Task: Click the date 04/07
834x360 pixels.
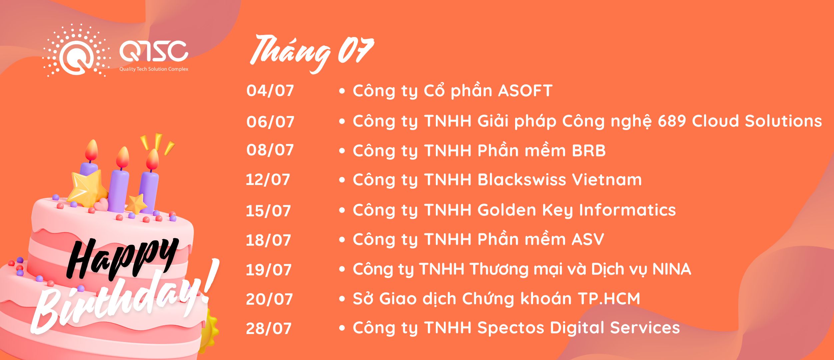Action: point(270,91)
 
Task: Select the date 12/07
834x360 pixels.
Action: point(268,180)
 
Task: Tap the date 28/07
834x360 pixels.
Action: point(269,328)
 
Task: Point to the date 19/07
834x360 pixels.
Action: point(269,270)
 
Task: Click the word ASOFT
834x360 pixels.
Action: point(525,91)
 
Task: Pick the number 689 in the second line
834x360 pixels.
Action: point(672,121)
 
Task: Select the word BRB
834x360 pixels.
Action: point(589,151)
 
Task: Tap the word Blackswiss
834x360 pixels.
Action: point(522,180)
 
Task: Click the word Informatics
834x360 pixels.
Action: point(627,210)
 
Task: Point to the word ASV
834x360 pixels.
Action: point(588,239)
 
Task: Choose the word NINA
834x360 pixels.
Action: point(672,269)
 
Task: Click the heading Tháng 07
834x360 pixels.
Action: point(312,53)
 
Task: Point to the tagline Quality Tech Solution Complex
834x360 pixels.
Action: point(154,69)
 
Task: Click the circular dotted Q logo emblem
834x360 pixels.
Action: point(77,51)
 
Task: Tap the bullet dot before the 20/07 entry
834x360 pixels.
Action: point(342,299)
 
